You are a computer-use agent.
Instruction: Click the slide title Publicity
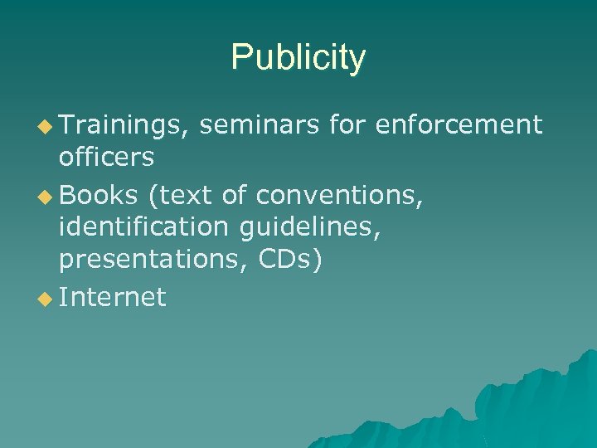click(298, 58)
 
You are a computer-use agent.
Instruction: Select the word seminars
click(259, 125)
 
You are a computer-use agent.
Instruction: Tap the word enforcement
click(459, 125)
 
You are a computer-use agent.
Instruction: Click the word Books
click(97, 195)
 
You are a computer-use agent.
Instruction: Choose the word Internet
click(112, 297)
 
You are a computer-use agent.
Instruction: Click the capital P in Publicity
click(240, 58)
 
